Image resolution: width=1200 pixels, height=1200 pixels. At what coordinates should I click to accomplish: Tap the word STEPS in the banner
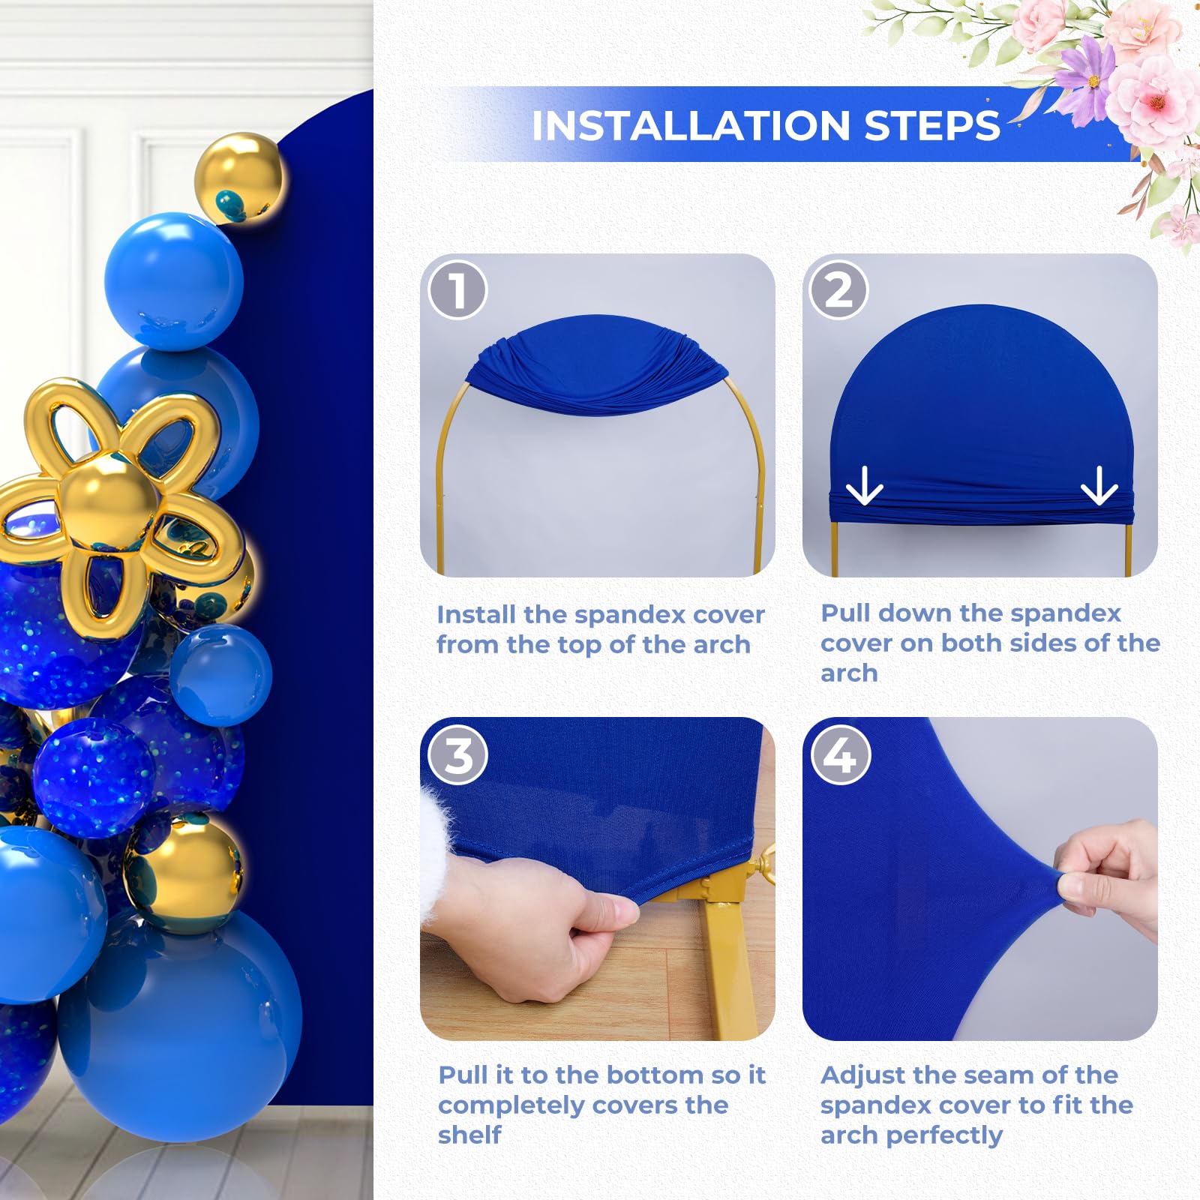coord(932,126)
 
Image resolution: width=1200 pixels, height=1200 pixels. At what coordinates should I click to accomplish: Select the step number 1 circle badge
coord(457,290)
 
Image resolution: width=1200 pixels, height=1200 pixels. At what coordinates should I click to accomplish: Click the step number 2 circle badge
coord(838,290)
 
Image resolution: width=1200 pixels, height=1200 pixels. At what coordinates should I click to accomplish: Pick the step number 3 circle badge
coord(457,755)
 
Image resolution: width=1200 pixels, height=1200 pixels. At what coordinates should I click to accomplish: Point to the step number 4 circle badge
coord(840,755)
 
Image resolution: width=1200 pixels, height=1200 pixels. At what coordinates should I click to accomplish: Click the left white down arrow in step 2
coord(864,486)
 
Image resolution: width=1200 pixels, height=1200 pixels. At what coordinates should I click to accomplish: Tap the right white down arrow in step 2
coord(1099,486)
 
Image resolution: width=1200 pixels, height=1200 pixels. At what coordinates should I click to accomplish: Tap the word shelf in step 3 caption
coord(469,1135)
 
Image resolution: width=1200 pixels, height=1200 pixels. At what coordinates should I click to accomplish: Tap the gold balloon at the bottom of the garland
coord(184,874)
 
